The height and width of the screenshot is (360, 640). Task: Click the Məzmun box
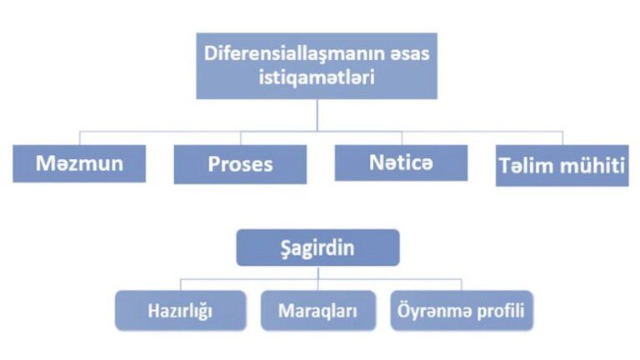tap(79, 163)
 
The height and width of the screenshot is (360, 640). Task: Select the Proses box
tap(240, 164)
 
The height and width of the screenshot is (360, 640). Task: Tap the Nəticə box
tap(401, 162)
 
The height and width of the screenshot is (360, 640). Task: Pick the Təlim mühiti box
tap(562, 165)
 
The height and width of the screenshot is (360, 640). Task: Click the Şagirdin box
tap(317, 247)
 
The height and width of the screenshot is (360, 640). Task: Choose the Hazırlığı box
tap(180, 310)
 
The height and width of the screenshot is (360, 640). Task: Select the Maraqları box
tap(318, 310)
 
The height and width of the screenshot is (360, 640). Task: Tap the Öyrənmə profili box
tap(462, 310)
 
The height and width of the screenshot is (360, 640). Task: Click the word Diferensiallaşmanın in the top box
tap(293, 54)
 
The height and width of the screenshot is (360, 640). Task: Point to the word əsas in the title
tap(409, 54)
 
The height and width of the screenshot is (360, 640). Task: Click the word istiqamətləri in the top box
tap(317, 77)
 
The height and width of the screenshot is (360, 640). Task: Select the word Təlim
tap(527, 165)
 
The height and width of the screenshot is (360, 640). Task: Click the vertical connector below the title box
tap(317, 115)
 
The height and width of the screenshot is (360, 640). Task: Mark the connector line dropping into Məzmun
tap(80, 138)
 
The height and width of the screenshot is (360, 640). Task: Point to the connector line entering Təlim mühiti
tap(562, 138)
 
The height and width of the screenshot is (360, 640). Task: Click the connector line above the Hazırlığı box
tap(180, 285)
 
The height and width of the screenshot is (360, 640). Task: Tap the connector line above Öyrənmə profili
tap(462, 285)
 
